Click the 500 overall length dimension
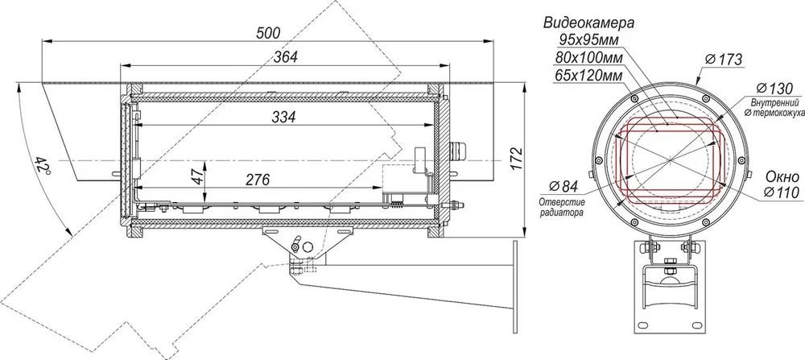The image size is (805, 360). pos(269,33)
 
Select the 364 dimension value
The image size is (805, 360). pos(286,56)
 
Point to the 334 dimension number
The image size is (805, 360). pos(283,117)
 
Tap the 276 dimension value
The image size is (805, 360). pos(258,180)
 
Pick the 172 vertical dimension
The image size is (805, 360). pos(517,159)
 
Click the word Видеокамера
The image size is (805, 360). pos(589,23)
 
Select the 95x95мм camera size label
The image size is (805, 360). pos(588,40)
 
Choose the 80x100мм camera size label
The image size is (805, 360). pos(589,57)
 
